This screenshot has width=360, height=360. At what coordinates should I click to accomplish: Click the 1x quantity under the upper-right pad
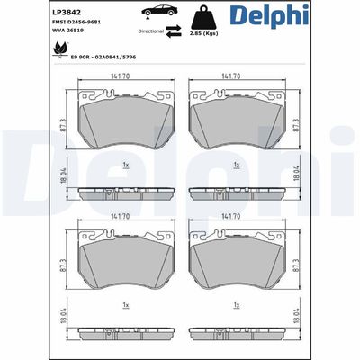[236, 165]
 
